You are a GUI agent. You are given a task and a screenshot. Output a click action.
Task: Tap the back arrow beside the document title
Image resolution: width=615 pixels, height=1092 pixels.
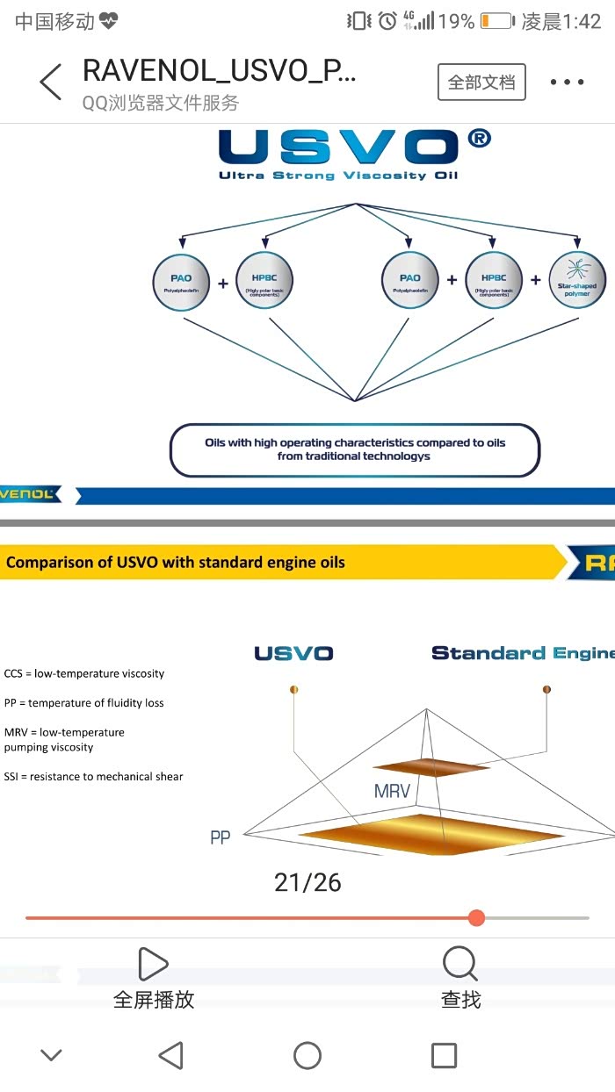tap(51, 83)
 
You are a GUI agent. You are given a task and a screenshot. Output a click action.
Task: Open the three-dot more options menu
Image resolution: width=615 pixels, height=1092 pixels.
tap(567, 83)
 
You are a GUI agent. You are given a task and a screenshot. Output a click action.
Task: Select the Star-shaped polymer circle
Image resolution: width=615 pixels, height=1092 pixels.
tap(577, 280)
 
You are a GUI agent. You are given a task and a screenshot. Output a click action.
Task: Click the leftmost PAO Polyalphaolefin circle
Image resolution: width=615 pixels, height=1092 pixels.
tap(181, 282)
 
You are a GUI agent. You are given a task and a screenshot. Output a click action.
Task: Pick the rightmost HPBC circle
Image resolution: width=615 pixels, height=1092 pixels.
tap(494, 281)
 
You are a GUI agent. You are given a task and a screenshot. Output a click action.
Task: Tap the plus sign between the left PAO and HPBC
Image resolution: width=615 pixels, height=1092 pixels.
tap(223, 283)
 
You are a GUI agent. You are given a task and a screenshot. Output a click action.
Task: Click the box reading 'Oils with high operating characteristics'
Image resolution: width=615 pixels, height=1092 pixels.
tap(355, 449)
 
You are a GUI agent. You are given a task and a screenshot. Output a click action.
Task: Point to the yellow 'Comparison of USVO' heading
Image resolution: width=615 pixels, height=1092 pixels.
tap(176, 563)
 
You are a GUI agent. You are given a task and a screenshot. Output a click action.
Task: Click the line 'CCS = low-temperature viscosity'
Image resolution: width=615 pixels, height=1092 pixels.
tap(84, 673)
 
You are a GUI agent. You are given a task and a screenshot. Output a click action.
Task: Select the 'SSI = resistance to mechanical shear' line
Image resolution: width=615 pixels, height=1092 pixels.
tap(94, 776)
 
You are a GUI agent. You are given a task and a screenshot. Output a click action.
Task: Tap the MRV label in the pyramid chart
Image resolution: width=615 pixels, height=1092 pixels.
tap(392, 791)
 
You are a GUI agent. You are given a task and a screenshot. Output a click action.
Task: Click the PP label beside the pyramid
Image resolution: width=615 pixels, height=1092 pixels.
tap(221, 838)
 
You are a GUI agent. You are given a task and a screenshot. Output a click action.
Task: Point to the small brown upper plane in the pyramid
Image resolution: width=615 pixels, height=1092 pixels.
tap(430, 767)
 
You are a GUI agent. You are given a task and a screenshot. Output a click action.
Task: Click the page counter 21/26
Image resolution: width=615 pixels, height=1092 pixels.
tap(307, 882)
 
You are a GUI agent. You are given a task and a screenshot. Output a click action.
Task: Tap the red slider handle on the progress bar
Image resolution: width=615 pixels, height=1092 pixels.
tap(476, 917)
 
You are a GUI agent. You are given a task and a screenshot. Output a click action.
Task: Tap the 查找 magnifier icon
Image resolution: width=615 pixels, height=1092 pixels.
tap(460, 964)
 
